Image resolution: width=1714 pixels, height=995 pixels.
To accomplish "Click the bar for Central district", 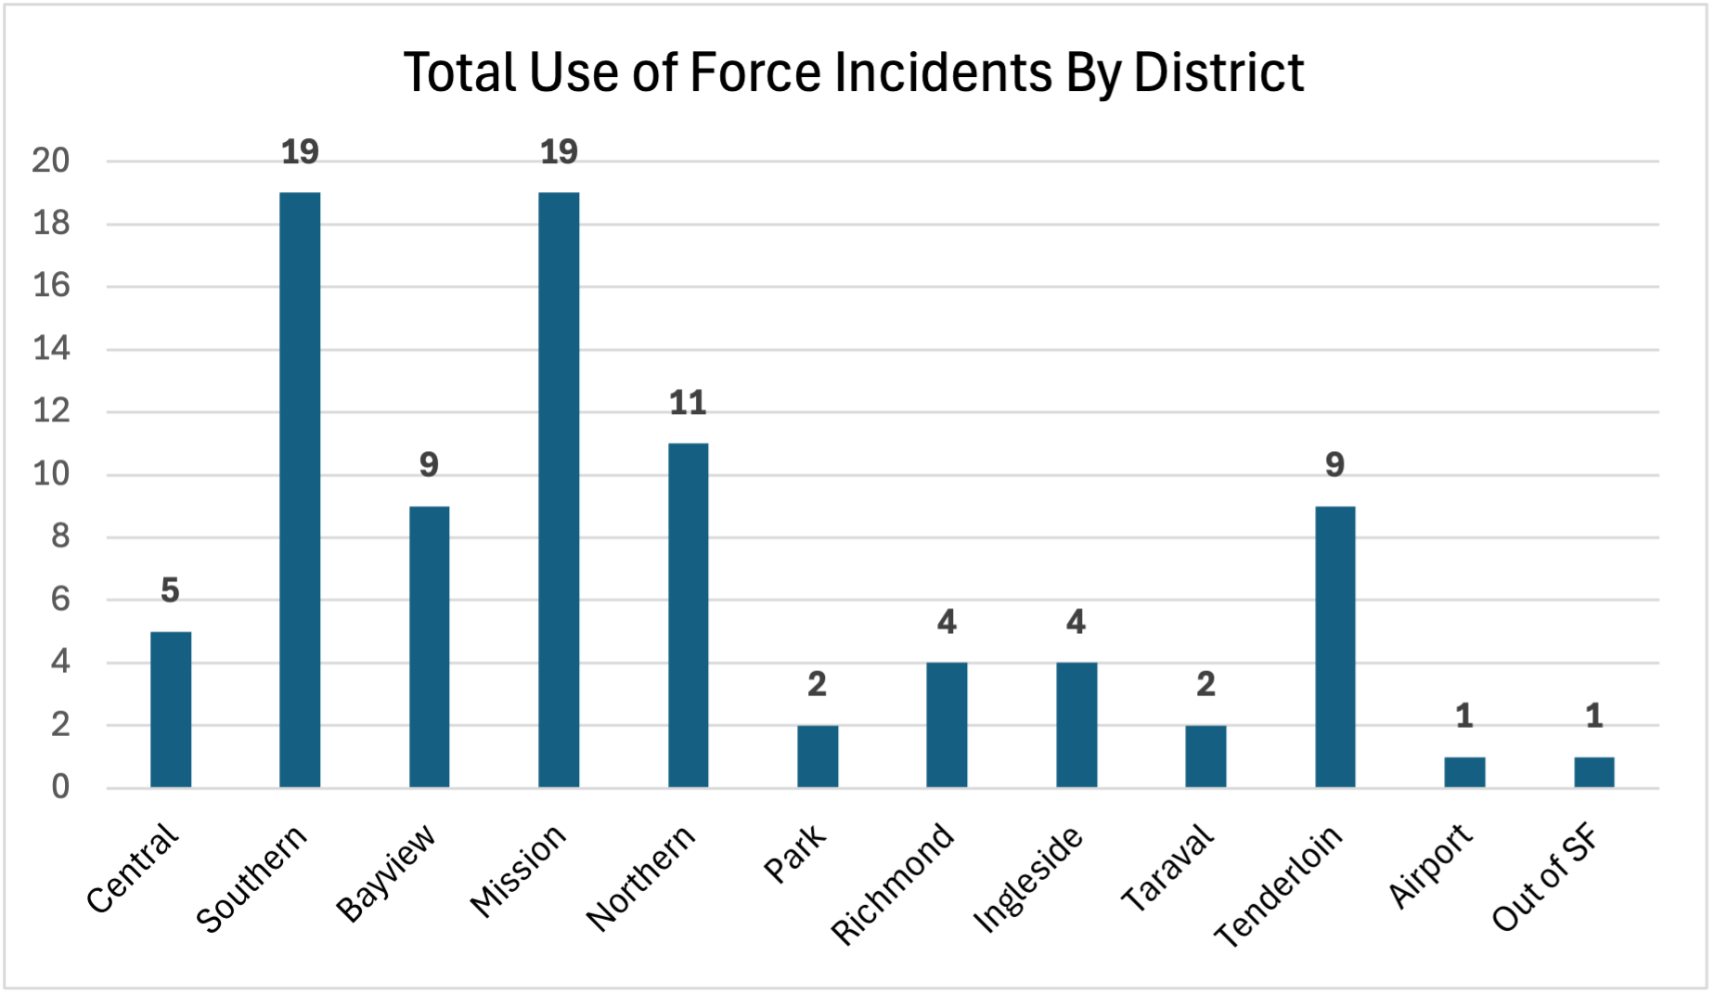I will (x=171, y=710).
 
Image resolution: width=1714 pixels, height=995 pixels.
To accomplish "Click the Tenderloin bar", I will (x=1334, y=647).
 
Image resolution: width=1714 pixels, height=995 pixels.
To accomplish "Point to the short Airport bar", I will (x=1464, y=772).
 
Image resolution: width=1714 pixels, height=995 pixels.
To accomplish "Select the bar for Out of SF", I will (x=1593, y=772).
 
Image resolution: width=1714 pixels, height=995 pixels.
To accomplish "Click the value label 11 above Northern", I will (x=688, y=403).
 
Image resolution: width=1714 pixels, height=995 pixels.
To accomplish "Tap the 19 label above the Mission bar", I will (x=559, y=152).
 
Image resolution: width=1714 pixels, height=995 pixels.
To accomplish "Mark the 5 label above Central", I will (x=170, y=590).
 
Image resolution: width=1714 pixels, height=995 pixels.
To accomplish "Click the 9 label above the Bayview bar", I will (x=429, y=465).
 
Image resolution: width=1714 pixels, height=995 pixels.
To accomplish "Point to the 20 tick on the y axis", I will (x=51, y=162).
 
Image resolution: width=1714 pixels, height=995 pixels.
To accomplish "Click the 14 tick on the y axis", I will (x=51, y=350).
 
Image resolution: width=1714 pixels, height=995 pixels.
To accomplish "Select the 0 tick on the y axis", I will (x=60, y=787).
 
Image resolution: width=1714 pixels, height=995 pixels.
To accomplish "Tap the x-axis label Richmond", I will (x=893, y=884).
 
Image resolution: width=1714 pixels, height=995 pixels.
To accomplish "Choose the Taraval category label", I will (x=1167, y=869).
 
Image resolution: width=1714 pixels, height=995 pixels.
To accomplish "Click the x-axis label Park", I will (x=795, y=854).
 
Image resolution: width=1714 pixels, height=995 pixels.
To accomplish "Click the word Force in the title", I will (x=755, y=72).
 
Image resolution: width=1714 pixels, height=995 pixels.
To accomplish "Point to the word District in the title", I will (x=1218, y=72).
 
